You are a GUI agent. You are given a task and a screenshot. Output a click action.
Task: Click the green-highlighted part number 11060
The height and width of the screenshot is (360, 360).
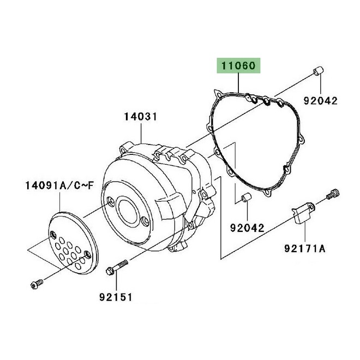(241, 67)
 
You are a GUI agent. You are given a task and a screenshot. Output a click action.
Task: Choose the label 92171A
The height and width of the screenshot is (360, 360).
(305, 249)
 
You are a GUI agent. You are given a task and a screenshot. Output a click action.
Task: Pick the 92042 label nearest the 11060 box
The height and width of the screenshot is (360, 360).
(321, 101)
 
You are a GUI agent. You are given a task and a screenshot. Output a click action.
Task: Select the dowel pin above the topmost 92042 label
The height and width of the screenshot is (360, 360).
(317, 72)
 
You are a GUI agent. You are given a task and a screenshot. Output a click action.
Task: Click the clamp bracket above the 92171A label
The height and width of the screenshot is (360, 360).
(302, 213)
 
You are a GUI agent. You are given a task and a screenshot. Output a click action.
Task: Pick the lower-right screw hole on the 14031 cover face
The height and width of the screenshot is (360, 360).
(145, 221)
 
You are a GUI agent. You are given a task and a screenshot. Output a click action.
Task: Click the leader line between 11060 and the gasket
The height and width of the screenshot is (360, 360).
(241, 85)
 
